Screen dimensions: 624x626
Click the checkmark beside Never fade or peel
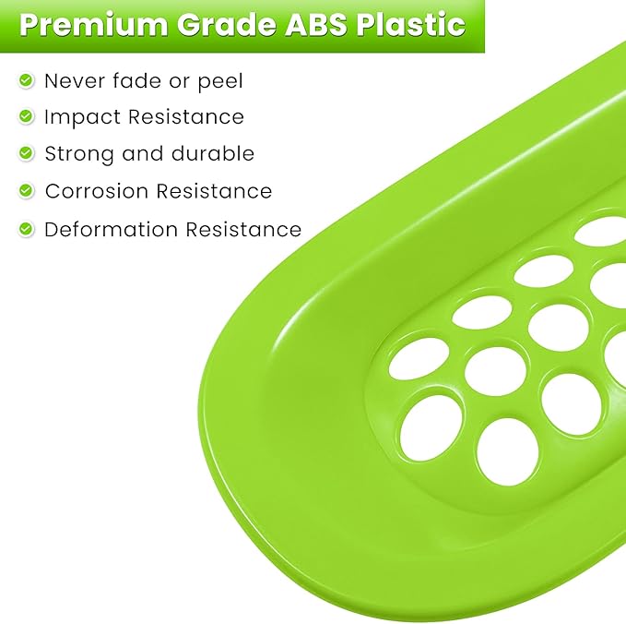tap(26, 81)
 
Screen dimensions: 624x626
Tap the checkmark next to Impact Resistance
tap(26, 117)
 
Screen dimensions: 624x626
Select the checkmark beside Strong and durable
tap(26, 154)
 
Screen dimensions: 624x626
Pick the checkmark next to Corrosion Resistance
tap(26, 191)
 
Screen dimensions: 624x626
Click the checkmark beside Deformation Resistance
tap(26, 229)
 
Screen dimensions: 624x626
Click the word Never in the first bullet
tap(73, 81)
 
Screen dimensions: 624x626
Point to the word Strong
tap(78, 154)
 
